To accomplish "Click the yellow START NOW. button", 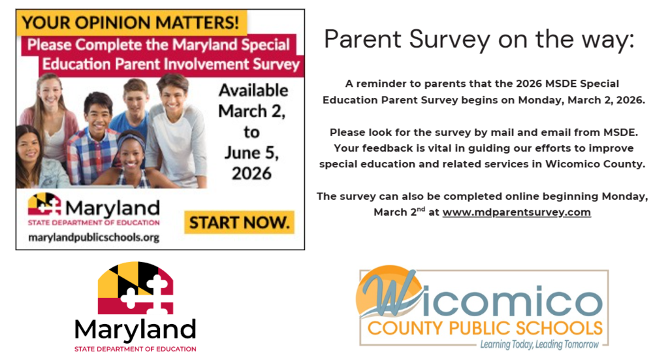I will coord(239,222).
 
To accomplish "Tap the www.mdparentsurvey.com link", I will coord(517,212).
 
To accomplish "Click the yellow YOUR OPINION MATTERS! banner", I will coord(131,23).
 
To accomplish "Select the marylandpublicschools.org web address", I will coord(94,237).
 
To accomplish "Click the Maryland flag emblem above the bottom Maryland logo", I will coord(135,288).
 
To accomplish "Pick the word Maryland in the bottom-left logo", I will coord(135,328).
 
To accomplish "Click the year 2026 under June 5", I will coord(252,173).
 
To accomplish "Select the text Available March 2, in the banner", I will coord(253,101).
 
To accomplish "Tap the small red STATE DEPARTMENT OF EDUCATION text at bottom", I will coord(135,349).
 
